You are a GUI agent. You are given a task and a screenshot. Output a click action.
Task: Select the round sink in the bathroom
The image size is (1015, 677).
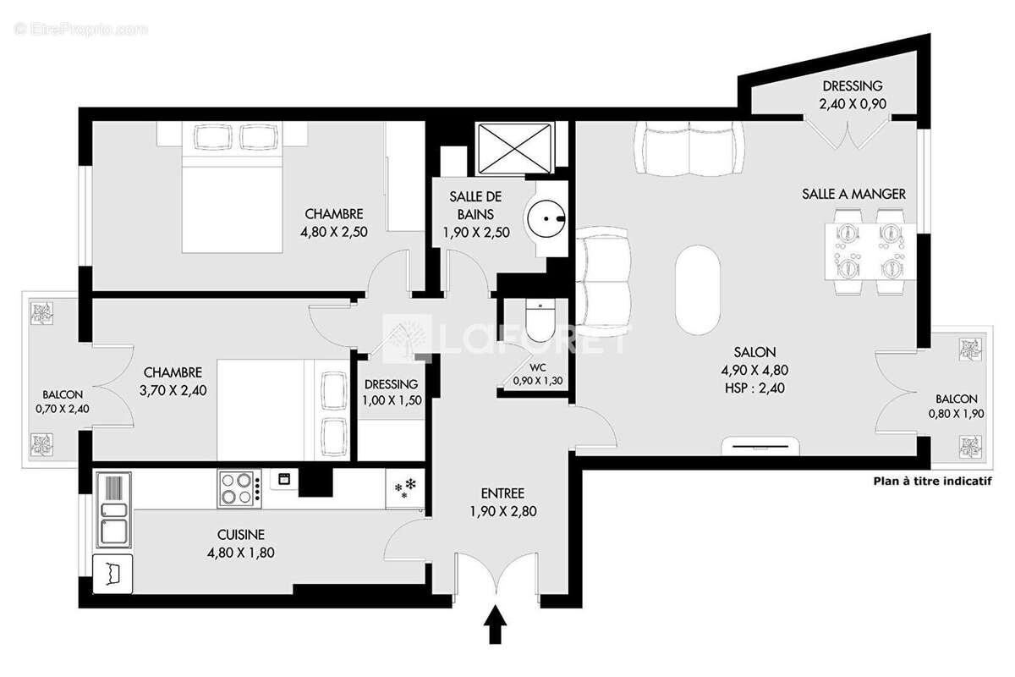tap(548, 220)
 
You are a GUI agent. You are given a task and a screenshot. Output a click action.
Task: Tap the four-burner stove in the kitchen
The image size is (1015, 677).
tap(239, 487)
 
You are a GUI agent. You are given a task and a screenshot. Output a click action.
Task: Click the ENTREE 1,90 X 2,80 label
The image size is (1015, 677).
tap(503, 502)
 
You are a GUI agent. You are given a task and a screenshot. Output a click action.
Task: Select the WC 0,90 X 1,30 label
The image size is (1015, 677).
tap(537, 374)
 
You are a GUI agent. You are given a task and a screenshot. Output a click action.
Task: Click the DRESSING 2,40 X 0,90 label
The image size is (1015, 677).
tap(852, 95)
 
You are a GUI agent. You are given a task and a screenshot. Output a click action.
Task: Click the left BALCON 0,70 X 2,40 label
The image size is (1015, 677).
tap(63, 401)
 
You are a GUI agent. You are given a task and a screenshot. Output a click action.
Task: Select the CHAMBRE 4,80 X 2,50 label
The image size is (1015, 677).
tap(334, 223)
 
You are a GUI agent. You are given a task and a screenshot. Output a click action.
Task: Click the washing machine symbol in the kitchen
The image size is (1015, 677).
tap(113, 573)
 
